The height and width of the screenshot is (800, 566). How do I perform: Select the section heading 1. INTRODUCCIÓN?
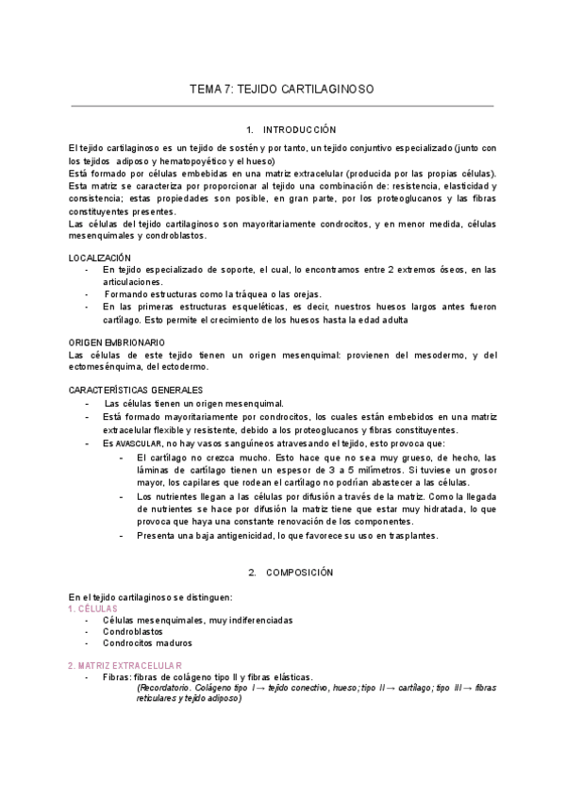(x=283, y=128)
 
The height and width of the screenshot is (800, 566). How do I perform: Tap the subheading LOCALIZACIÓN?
(x=100, y=258)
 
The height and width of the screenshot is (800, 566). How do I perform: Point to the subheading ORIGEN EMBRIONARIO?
(x=117, y=342)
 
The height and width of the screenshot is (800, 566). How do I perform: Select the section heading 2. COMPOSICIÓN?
(x=284, y=572)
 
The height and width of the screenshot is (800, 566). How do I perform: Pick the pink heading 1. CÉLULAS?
(x=92, y=608)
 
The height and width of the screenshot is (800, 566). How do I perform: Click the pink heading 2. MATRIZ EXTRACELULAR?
(x=125, y=665)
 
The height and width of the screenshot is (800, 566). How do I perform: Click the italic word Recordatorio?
(x=169, y=689)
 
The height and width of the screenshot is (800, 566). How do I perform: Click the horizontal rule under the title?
(x=282, y=106)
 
